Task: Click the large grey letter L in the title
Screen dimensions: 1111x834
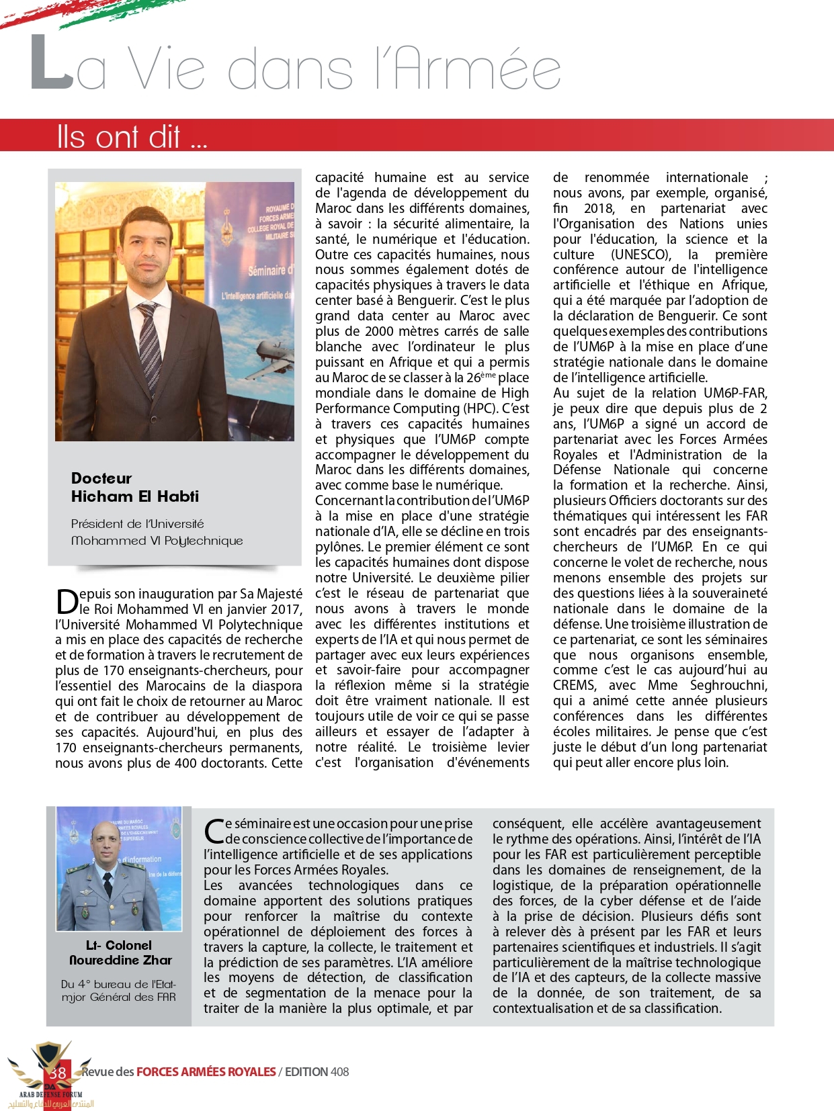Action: (51, 64)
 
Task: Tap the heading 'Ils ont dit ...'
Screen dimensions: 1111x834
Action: (131, 137)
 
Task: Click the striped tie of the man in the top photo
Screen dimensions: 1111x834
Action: (149, 343)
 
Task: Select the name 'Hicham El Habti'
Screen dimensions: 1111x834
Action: (135, 496)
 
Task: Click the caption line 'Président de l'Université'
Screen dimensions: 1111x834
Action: (137, 524)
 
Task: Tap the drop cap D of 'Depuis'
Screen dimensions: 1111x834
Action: (67, 602)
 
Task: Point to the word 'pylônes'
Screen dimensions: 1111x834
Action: (339, 547)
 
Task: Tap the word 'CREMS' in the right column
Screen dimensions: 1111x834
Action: (574, 685)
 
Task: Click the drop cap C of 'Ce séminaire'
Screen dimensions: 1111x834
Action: (214, 832)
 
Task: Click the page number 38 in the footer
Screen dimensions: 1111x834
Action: (58, 1072)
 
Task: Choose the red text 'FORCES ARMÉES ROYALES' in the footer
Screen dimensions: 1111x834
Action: (206, 1072)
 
